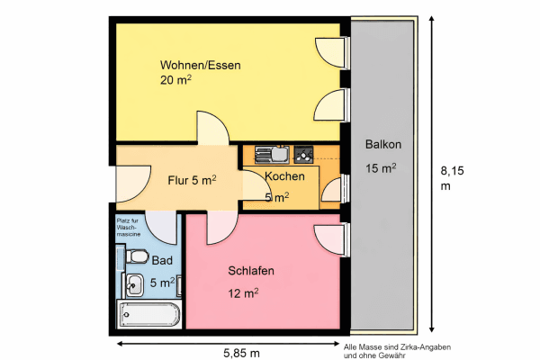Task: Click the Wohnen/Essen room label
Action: coord(200,66)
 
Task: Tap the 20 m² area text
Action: coord(176,81)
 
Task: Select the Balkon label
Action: coord(382,146)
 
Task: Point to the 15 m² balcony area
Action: coord(381,168)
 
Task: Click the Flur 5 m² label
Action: coord(192,180)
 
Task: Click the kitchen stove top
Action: coord(303,153)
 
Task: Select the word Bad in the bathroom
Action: coord(162,260)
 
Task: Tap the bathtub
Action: coord(149,315)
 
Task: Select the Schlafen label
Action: coord(251,271)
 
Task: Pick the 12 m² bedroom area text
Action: coord(243,292)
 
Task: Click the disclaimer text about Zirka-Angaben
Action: coord(397,350)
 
